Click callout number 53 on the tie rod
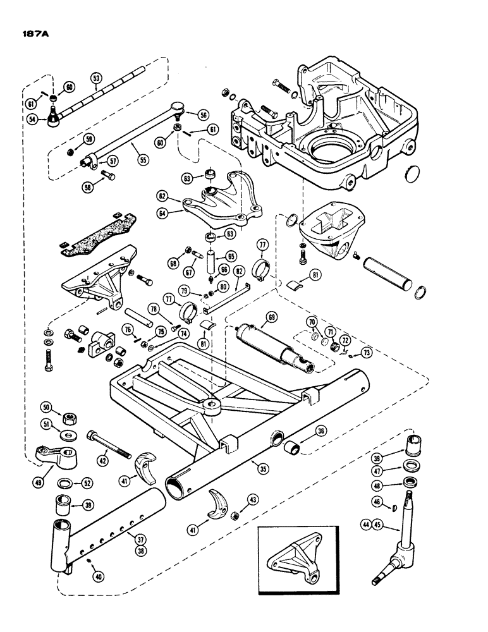tap(96, 78)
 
